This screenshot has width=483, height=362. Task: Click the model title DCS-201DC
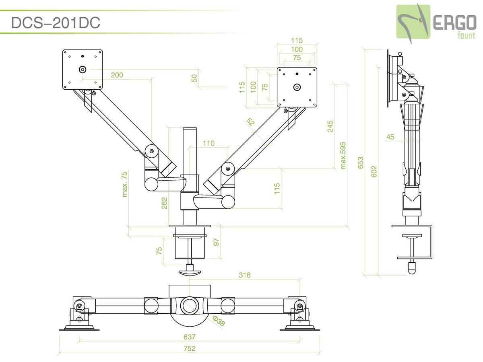[56, 23]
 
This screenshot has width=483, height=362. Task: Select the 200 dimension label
[117, 75]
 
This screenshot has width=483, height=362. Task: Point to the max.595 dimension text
[343, 155]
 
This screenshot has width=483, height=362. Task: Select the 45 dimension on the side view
[390, 137]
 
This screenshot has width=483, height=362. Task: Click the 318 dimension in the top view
[244, 276]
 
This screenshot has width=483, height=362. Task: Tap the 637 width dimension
[189, 337]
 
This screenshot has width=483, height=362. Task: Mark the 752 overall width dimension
[189, 348]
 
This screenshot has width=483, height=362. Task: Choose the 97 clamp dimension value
[216, 242]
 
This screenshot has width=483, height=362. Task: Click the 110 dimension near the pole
[208, 143]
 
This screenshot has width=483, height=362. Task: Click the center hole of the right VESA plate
[297, 86]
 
